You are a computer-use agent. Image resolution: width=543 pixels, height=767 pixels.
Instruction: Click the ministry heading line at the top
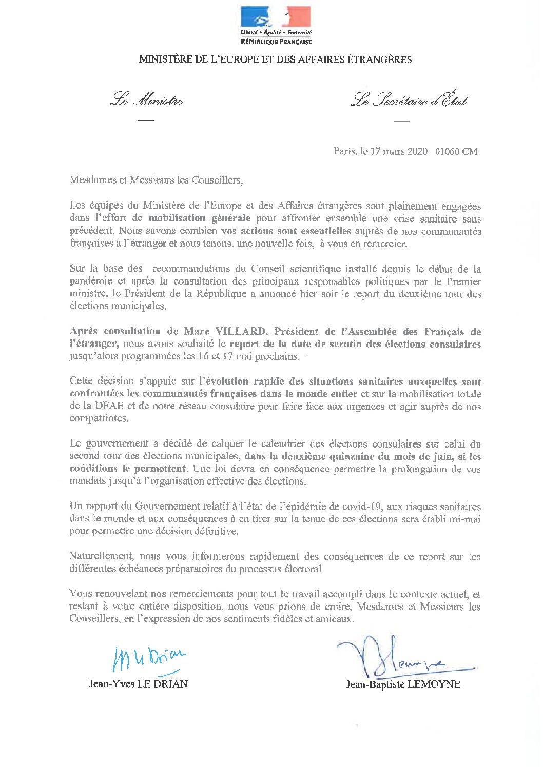tap(275, 59)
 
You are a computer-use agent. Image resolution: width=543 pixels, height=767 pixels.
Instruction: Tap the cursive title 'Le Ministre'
tap(146, 99)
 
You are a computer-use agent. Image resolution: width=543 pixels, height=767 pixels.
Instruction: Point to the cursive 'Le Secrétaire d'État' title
tap(409, 100)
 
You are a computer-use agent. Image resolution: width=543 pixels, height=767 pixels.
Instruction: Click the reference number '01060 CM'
tap(456, 151)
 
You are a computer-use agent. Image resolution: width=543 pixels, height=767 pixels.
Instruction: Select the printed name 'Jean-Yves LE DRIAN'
tap(138, 683)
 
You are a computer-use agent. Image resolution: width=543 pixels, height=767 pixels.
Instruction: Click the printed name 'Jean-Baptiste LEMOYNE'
tap(403, 684)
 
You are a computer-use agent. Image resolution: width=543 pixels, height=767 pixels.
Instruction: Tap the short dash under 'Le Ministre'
tap(146, 120)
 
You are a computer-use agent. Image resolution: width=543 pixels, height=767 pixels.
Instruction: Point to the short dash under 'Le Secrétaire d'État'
tap(401, 122)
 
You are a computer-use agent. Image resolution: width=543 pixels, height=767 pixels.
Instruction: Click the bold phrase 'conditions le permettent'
tap(128, 469)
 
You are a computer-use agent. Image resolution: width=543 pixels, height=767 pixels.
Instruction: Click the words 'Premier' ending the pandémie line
tap(464, 281)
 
